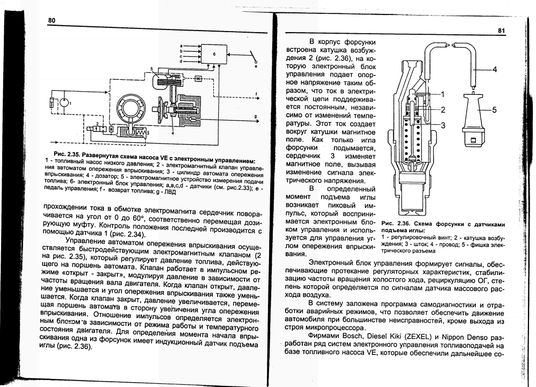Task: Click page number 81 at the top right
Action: pos(501,31)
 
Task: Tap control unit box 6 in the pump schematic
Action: pos(214,55)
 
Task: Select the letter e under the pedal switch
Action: pos(256,67)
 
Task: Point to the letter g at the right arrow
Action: pos(256,116)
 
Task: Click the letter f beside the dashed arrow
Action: pos(256,94)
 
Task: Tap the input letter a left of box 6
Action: pos(181,46)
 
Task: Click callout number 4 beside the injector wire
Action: pos(495,69)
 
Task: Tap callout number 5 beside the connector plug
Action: pos(495,110)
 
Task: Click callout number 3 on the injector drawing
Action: pos(443,125)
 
